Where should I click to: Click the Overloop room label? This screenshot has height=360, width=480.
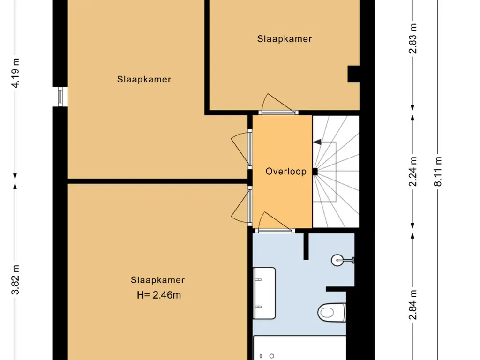pos(285,171)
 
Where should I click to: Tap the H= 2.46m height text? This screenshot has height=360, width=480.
pos(159,295)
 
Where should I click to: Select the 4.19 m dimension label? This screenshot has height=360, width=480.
pos(15,73)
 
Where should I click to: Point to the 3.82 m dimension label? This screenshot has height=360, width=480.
pos(15,280)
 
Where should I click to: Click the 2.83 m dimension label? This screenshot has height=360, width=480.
pos(413,38)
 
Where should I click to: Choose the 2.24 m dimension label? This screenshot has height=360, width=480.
pos(413,172)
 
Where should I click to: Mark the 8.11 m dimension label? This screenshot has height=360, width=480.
pos(438,172)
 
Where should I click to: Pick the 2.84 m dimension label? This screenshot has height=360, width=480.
pos(413,305)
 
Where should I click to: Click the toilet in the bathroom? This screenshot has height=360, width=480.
pos(332,313)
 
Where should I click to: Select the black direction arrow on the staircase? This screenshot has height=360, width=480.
pos(317,142)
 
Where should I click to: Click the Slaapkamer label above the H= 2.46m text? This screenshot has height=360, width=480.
pos(157,280)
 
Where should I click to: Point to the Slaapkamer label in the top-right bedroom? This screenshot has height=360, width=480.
pos(285,39)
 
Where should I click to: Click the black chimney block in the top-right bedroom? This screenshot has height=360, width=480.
pos(353,74)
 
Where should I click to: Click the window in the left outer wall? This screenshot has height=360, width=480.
pos(60,97)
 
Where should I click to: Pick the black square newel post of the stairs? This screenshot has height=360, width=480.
pos(315,172)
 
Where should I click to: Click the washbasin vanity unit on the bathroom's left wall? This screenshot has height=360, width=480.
pos(264,293)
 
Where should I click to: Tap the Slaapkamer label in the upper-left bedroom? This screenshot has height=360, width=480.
pos(144,79)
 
